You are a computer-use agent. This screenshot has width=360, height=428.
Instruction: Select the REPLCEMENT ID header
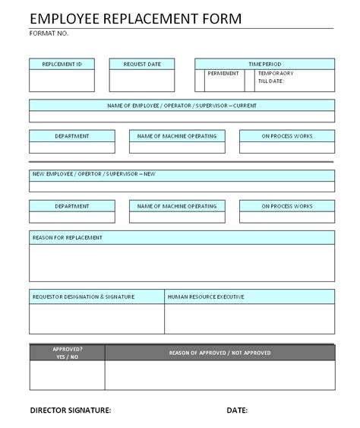coord(62,63)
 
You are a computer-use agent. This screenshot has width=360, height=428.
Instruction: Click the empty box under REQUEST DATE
coord(141,81)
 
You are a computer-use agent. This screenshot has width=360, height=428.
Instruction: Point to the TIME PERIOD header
coord(264,63)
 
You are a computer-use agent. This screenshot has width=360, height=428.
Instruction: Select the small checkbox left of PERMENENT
coord(200,80)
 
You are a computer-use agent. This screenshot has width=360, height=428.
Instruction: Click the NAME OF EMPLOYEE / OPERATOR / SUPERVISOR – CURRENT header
coord(182,106)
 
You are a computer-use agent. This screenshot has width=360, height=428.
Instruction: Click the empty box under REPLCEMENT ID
coord(62,81)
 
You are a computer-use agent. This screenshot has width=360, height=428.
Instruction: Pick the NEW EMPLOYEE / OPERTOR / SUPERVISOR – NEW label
coord(94,175)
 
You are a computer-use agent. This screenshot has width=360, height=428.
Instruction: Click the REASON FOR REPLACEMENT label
coord(68,237)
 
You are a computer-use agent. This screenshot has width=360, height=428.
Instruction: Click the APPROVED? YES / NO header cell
coord(68,352)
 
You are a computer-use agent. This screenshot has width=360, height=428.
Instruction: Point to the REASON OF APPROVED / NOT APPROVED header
coord(219,352)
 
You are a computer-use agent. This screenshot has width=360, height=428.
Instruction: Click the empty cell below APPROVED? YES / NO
coord(68,375)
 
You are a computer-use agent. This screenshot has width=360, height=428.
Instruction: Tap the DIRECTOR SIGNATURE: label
coord(71,411)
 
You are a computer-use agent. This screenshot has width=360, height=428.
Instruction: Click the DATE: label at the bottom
coord(237,411)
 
